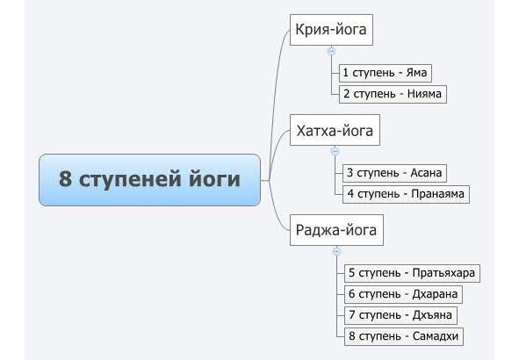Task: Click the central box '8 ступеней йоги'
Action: point(149,180)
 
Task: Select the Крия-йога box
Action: point(331,30)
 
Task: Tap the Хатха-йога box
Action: point(335,130)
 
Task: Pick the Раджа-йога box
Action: point(336,230)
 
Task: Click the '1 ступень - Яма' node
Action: point(386,73)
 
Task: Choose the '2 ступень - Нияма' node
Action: point(393,94)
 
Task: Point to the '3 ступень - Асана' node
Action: point(394,173)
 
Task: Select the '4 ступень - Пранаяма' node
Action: point(406,194)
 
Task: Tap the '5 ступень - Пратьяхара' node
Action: point(412,273)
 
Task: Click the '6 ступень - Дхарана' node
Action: point(403,294)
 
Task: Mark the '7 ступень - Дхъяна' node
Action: point(400,315)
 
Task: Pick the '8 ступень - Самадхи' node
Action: point(404,336)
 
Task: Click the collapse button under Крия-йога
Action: point(331,51)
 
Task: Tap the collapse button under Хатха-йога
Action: point(335,151)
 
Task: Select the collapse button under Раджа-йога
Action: point(336,251)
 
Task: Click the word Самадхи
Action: point(436,336)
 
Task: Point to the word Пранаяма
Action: point(437,194)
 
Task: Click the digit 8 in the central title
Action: point(65,178)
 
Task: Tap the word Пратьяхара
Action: point(443,273)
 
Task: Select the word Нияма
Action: point(424,94)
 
